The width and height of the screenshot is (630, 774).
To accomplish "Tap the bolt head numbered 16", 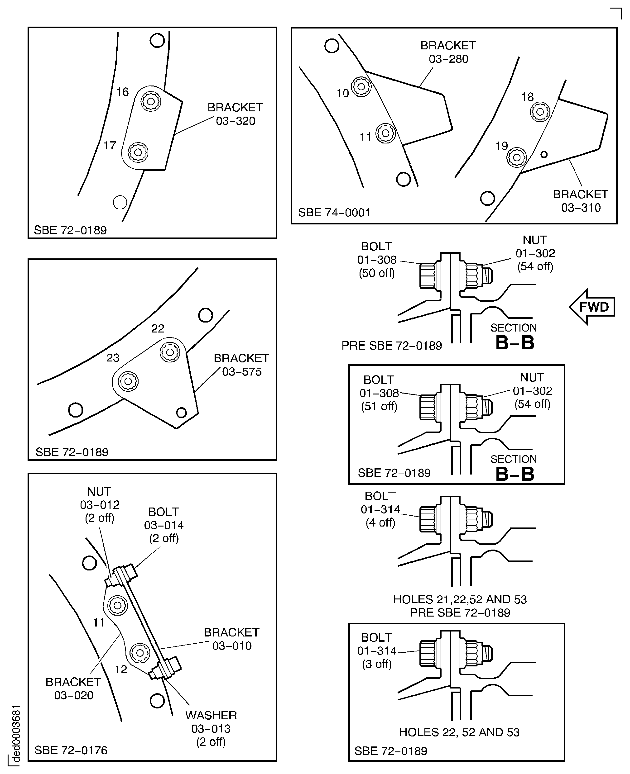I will [151, 101].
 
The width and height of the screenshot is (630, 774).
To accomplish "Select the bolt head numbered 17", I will [138, 152].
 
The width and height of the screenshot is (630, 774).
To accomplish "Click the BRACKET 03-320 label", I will [235, 114].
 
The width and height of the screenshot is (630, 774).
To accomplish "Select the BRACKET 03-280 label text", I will [448, 52].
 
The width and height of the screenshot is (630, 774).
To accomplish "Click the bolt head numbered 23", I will [128, 381].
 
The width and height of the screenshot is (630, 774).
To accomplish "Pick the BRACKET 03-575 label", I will [241, 365].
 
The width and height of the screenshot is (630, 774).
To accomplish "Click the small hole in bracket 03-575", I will [181, 412].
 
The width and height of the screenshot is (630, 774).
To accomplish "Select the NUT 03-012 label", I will [99, 504].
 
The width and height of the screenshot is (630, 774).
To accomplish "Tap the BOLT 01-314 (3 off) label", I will [377, 650].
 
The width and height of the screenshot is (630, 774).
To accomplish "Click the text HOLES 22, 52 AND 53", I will [459, 732].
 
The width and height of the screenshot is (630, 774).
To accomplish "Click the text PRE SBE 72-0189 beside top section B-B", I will [392, 345].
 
